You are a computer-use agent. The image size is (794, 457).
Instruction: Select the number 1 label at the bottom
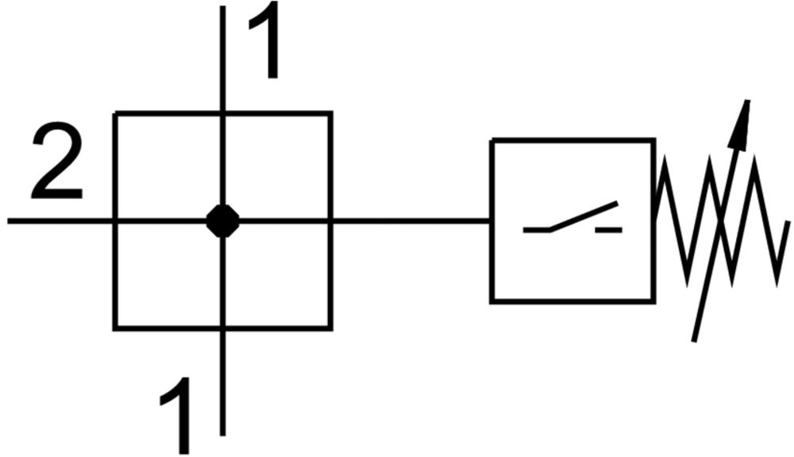pos(176,413)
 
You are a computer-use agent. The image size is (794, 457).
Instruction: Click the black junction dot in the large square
pos(223,221)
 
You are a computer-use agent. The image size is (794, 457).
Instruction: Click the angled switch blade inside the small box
pos(583,217)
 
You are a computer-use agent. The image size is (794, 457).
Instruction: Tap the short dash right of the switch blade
pos(610,229)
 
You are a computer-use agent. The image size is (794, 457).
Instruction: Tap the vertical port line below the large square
pos(223,381)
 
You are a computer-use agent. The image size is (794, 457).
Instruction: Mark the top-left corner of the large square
pos(116,113)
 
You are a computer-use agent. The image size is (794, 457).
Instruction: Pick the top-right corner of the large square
pos(330,113)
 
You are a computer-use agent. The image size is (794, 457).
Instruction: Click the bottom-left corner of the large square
pos(116,328)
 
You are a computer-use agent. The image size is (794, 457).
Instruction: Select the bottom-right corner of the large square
pos(330,328)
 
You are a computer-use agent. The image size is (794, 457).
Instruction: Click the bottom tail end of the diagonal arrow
pos(695,340)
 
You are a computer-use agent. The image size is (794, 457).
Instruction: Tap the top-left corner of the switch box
pos(492,140)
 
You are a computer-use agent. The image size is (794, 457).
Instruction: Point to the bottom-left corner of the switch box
pos(492,301)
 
